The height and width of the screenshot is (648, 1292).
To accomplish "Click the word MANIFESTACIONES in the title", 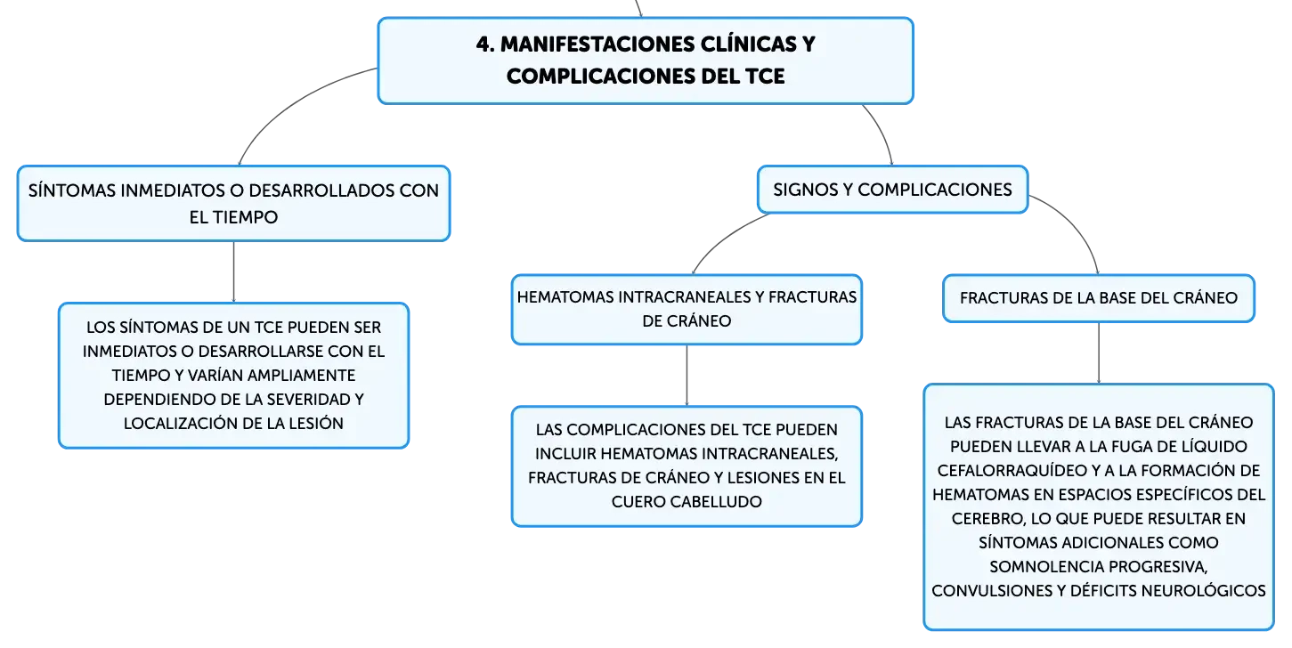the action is [597, 45].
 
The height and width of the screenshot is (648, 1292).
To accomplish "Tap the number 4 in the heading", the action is [483, 45].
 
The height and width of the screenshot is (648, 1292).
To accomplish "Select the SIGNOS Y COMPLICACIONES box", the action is [892, 190].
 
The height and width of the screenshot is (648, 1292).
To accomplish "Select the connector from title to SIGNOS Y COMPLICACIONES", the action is [883, 132].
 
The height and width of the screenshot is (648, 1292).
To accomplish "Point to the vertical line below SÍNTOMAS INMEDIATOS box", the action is [233, 271].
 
